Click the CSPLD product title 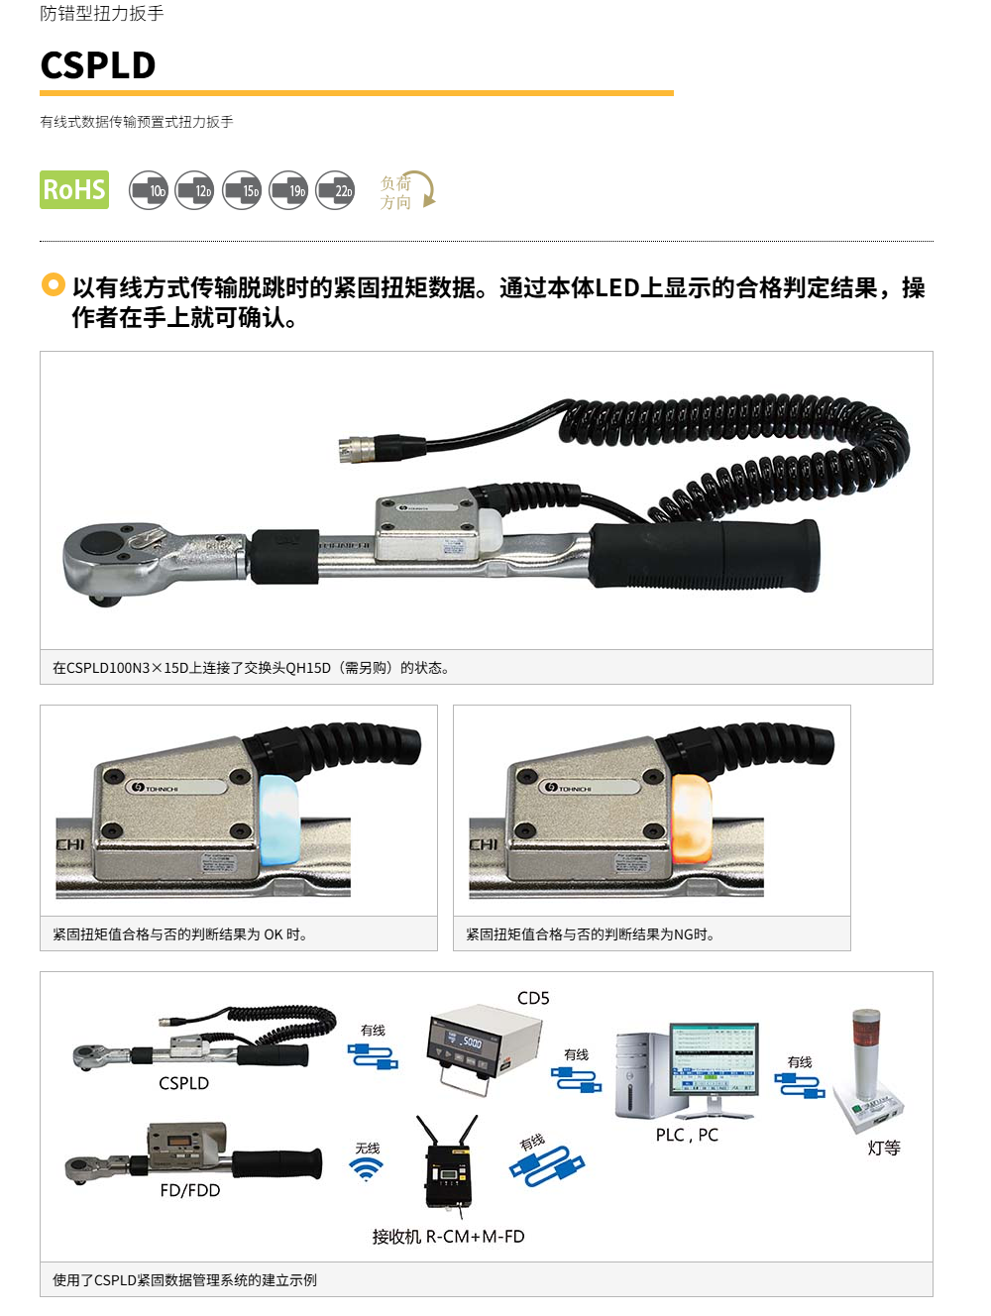(x=98, y=64)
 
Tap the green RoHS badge (x=74, y=189)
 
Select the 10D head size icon (x=148, y=190)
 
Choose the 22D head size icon (x=335, y=190)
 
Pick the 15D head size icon (x=242, y=190)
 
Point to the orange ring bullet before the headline (x=53, y=284)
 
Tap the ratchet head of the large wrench (x=114, y=561)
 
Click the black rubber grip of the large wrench (x=705, y=555)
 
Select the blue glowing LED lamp (x=278, y=818)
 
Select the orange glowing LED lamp (x=692, y=818)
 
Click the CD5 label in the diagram (x=533, y=998)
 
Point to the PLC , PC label (x=687, y=1135)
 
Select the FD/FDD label (x=190, y=1190)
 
